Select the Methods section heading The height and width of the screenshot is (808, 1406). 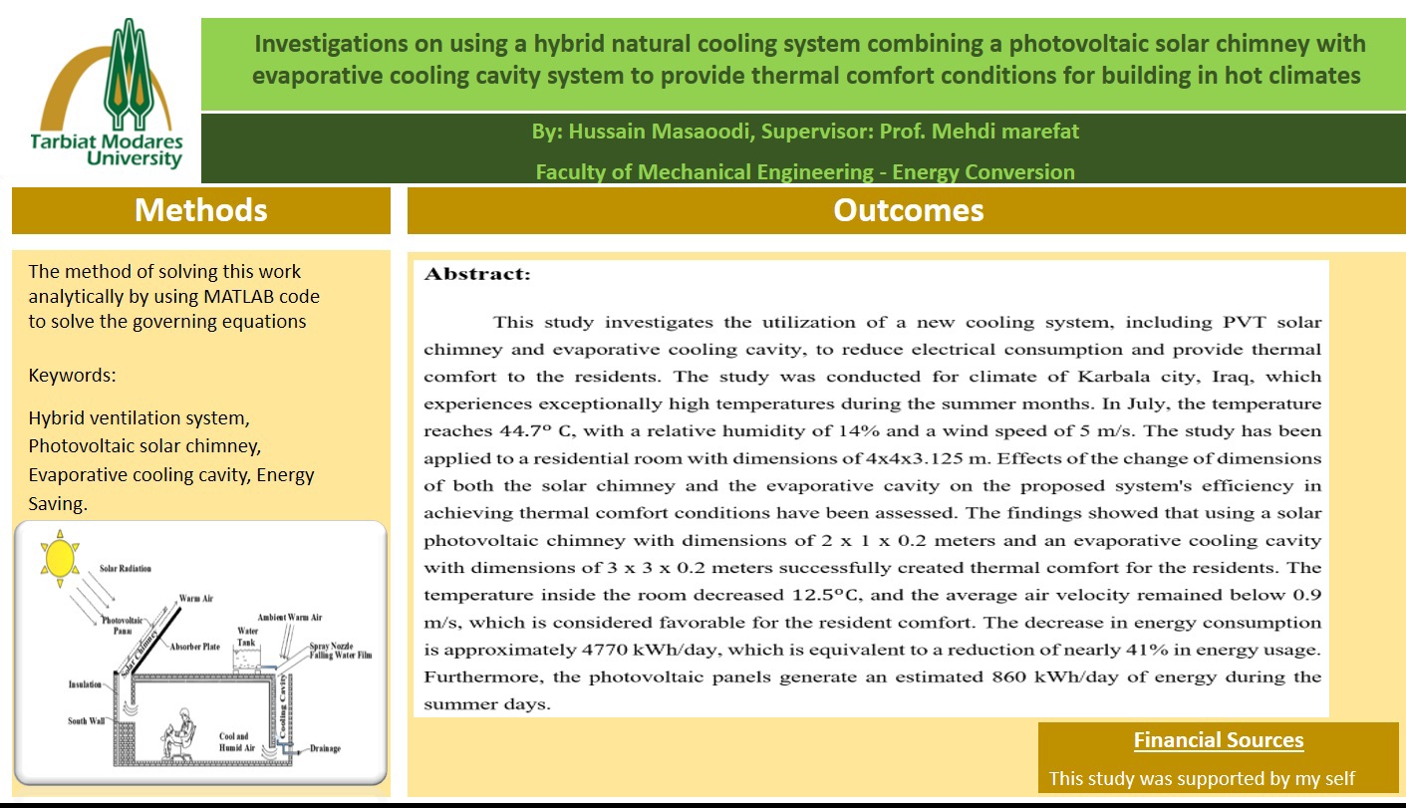click(200, 210)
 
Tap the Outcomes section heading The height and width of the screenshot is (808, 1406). click(908, 210)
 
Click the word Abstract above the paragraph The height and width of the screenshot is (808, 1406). click(477, 275)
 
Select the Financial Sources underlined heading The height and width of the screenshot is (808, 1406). click(1218, 740)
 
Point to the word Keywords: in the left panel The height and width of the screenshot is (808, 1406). click(72, 376)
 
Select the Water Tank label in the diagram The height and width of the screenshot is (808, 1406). click(247, 636)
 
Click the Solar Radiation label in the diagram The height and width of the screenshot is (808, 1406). click(126, 569)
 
